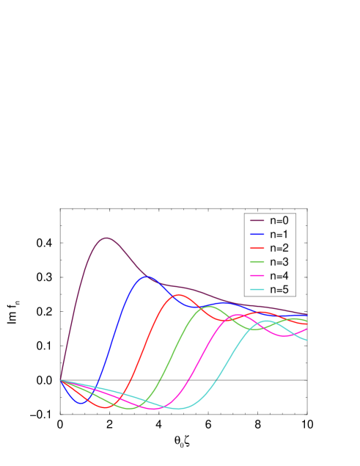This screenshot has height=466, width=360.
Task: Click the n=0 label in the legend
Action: [x=279, y=220]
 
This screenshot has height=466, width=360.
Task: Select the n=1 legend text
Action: [x=279, y=234]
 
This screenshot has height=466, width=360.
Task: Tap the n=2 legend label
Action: [x=279, y=248]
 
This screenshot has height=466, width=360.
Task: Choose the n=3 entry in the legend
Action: [x=279, y=262]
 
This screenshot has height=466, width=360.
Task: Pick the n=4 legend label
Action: [x=279, y=276]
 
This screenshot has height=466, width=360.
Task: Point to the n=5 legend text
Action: [x=279, y=290]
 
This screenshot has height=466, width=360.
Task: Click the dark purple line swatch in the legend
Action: [x=257, y=220]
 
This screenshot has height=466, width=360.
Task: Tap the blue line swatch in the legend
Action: [x=257, y=234]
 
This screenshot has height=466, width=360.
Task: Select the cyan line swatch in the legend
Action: [x=257, y=290]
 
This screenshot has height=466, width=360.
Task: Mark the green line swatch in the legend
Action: [x=257, y=262]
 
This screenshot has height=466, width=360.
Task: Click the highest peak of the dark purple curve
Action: [x=106, y=238]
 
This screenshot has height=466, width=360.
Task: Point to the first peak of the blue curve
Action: [x=147, y=277]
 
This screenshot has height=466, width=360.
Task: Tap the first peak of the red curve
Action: [x=178, y=295]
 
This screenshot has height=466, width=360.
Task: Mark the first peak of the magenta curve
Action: [x=237, y=315]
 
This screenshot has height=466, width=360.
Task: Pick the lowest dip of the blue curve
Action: [x=81, y=404]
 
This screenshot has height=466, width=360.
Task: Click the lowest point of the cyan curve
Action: [x=178, y=409]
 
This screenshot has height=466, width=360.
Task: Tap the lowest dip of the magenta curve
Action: [x=153, y=409]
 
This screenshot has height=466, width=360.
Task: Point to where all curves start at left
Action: [x=60, y=380]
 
